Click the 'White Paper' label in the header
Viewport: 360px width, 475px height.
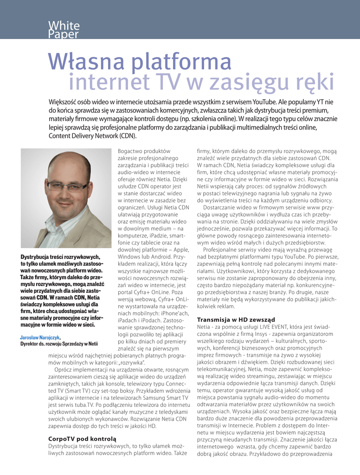pos(64,30)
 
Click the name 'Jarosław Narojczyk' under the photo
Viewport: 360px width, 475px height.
pos(40,337)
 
